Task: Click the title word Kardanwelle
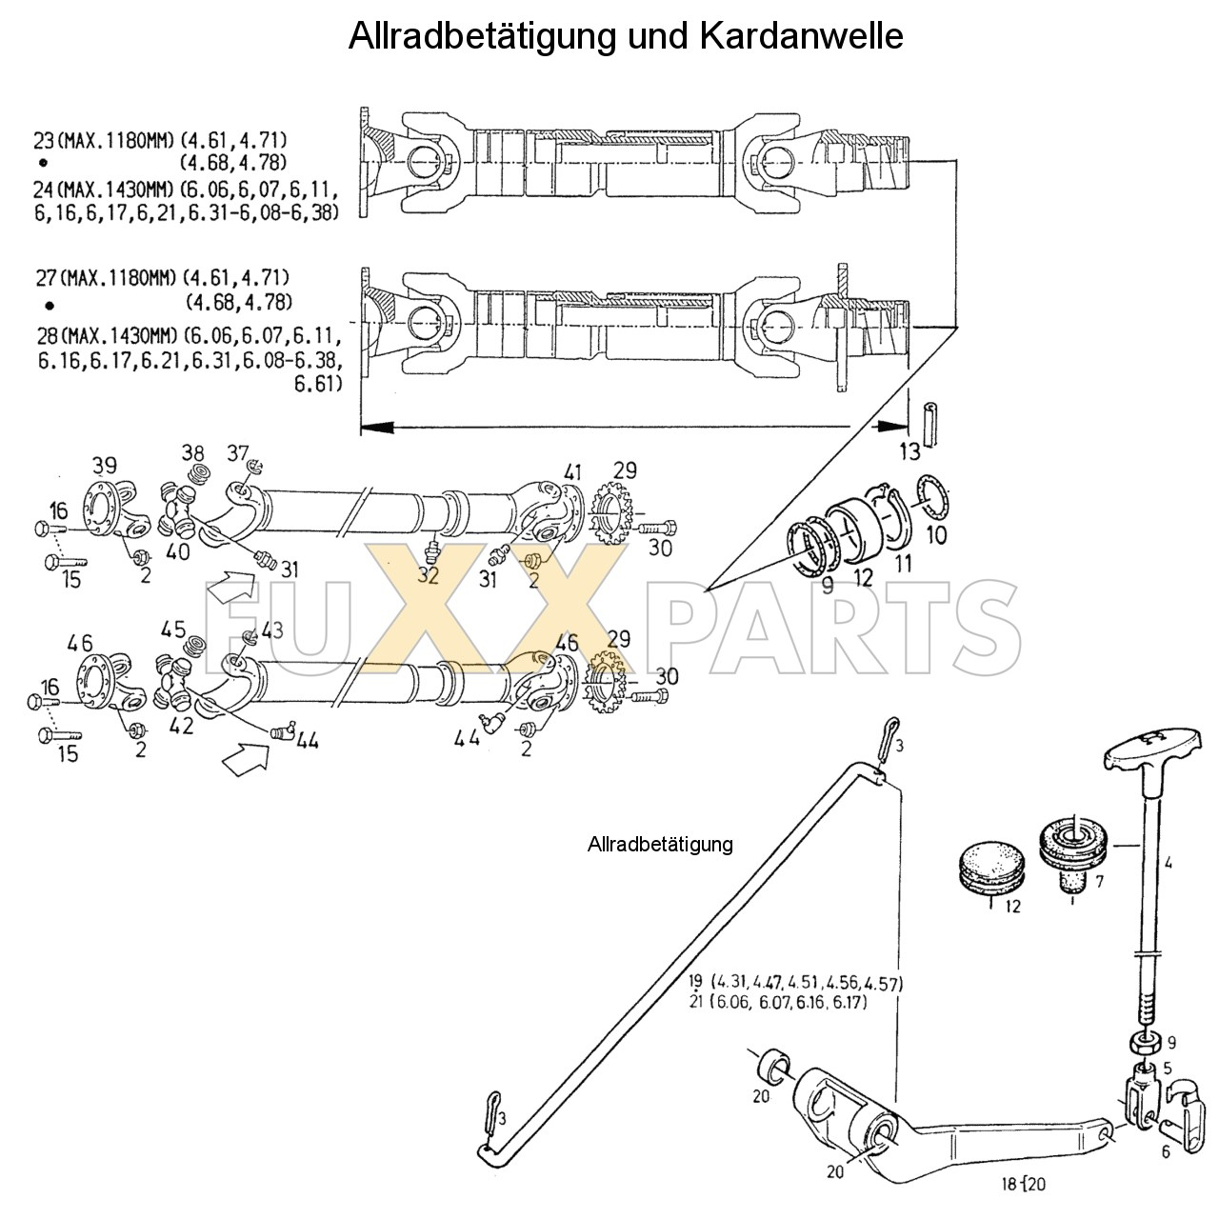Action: tap(801, 35)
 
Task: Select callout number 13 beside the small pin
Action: tap(909, 450)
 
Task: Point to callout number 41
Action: tap(571, 471)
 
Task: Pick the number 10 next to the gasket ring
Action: tap(937, 535)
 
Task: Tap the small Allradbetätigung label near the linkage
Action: tap(660, 844)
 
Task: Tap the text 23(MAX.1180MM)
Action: tap(104, 141)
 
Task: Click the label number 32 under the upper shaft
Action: tap(428, 575)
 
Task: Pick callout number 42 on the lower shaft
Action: tap(181, 725)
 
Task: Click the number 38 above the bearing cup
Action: tap(193, 452)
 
